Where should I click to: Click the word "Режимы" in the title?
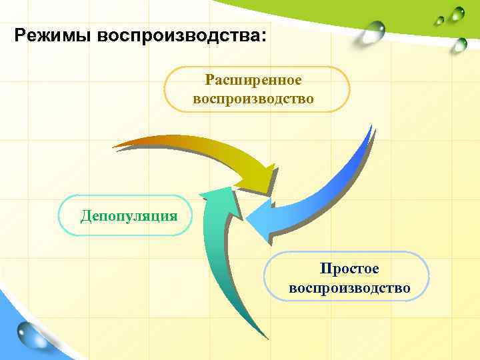[52, 35]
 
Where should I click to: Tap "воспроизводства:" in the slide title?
[180, 35]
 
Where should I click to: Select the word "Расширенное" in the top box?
[253, 80]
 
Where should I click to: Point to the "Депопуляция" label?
[129, 215]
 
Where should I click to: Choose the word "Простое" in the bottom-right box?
[349, 269]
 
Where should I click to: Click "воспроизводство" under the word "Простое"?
[349, 288]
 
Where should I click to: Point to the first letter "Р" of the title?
[21, 35]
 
